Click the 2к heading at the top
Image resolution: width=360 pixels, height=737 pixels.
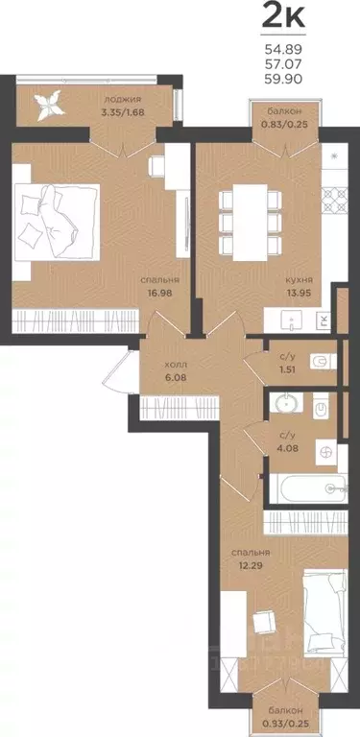(x=283, y=17)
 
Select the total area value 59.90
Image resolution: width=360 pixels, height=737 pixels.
(x=283, y=78)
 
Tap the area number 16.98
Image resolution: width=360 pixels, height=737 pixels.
(x=159, y=293)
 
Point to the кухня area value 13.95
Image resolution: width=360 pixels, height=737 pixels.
(x=300, y=293)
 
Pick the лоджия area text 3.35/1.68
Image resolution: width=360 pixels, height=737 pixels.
(x=122, y=112)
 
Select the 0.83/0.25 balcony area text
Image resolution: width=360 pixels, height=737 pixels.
(x=285, y=124)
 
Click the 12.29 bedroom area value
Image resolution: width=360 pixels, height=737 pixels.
(x=247, y=564)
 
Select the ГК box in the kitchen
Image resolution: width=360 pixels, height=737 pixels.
(x=324, y=321)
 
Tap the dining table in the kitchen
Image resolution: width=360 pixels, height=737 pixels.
(x=250, y=223)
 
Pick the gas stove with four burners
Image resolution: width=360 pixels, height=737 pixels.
(x=334, y=200)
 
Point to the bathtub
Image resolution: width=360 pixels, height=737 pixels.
(x=308, y=488)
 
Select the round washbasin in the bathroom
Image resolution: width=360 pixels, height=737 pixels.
(x=285, y=404)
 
